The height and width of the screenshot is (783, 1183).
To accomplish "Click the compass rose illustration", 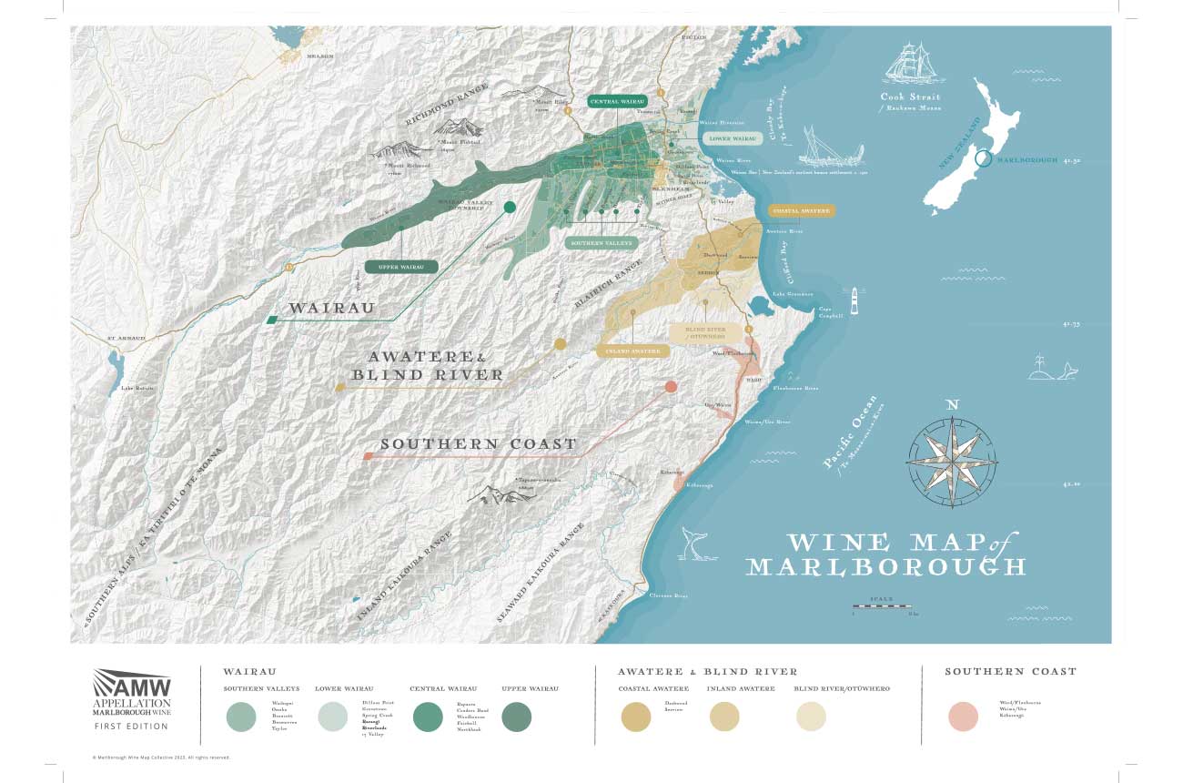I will point(952,460).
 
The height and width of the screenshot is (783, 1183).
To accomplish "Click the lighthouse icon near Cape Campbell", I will point(854,300).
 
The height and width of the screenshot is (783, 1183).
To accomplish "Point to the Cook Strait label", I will point(910,97).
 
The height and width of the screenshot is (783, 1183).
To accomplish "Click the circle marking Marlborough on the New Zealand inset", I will point(983,159).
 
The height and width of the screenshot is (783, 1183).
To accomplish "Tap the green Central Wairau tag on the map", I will point(617,102).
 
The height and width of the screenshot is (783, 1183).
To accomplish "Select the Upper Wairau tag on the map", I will point(401,267).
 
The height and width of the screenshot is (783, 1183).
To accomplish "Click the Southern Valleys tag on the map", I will point(600,244).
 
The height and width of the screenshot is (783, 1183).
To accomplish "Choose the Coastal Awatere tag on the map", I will point(801,210).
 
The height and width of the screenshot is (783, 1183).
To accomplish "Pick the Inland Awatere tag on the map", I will point(627,351).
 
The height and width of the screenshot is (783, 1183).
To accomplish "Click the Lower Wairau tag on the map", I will point(733,138).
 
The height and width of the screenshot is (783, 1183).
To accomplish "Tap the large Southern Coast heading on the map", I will point(479,444).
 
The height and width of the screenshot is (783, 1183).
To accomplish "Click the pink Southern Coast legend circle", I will point(962,717).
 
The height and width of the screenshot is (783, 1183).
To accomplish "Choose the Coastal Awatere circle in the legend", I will point(636,717).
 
